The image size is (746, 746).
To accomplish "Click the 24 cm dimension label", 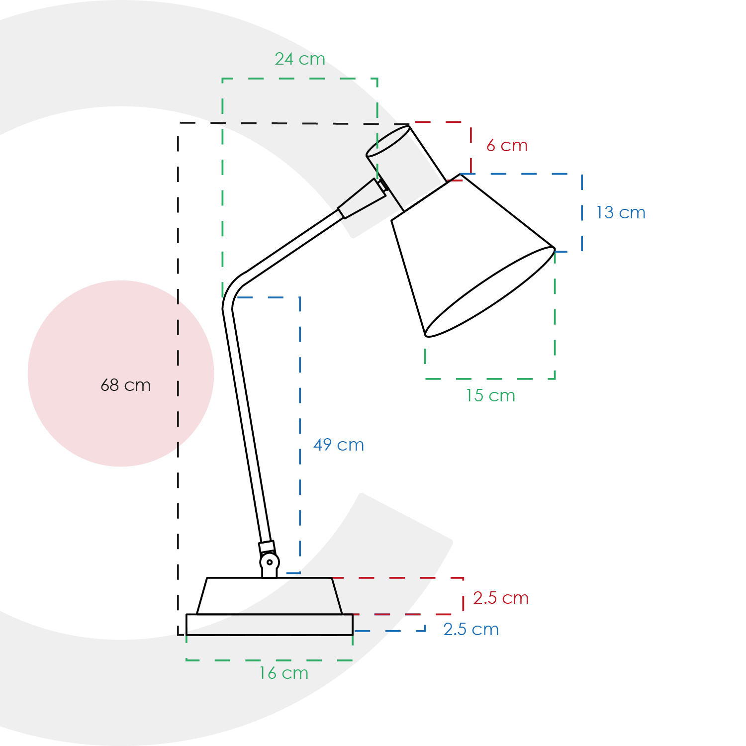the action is coord(300,59).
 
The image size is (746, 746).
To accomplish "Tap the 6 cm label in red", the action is coord(507,146).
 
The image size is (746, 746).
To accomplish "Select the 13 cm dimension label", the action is coord(621,213).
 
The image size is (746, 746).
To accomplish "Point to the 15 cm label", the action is coord(490,396).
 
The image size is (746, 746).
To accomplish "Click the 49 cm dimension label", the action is coord(339,445).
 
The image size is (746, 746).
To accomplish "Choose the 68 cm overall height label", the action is coord(125,385).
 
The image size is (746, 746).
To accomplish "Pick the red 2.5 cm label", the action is coord(500,598).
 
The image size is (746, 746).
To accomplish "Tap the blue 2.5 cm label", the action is coord(471,630).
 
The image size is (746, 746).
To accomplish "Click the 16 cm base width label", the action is coord(283,673).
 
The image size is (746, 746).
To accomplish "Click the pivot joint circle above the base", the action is coord(270,562).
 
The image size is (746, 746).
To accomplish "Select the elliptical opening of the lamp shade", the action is coord(490,292).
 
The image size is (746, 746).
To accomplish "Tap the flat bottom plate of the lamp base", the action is coord(270,625).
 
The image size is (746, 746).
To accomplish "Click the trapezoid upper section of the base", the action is coord(270,596).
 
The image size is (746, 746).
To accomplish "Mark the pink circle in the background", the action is coord(121,373).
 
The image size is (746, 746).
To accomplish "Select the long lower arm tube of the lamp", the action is coord(247,425).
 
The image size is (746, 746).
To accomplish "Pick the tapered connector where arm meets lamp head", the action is coord(362,199).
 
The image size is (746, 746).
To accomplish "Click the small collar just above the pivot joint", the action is coord(267,547).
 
